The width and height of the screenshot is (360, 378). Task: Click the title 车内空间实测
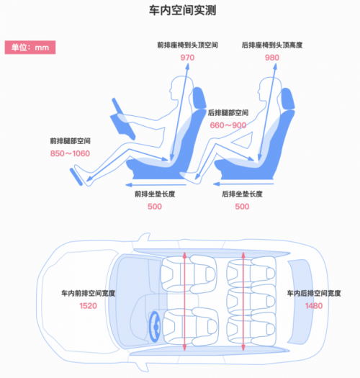point(182,10)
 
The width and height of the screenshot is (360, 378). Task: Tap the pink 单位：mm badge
point(30,48)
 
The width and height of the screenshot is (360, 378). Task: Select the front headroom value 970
point(187,58)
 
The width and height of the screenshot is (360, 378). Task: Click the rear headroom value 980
point(272,58)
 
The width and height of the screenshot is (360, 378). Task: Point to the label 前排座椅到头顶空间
point(188,45)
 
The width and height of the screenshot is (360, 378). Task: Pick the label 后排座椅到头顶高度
point(272,45)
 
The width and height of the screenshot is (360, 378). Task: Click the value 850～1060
point(70,153)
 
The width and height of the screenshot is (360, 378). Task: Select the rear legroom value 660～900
point(228,125)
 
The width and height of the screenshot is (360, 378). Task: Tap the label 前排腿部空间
point(70,141)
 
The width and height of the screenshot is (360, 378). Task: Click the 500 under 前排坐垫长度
point(155,207)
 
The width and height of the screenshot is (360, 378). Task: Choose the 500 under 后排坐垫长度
point(242,207)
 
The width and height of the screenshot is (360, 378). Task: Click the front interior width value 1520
point(89,306)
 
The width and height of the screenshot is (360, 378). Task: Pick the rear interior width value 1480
point(314,306)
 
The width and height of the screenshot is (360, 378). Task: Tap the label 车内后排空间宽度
point(314,293)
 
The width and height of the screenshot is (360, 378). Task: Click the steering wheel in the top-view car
point(155,327)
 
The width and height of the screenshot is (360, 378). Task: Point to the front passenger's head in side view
point(181,88)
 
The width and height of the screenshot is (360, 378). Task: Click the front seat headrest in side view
point(199,98)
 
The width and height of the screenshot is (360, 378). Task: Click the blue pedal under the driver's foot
point(76,177)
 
